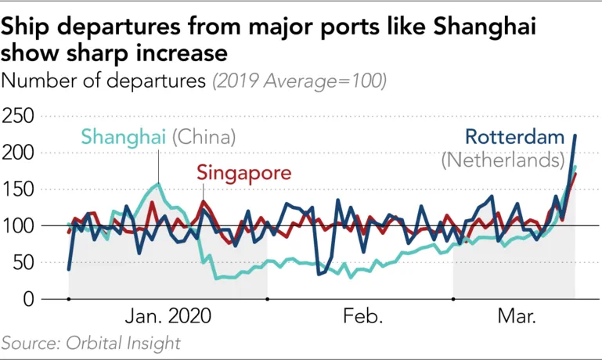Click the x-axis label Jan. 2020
tap(168, 317)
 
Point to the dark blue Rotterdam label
tap(514, 138)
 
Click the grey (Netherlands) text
tap(503, 161)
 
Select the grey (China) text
tap(204, 137)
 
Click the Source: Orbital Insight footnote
tap(91, 343)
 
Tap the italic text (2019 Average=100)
tap(299, 81)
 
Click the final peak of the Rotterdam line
tap(575, 135)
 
